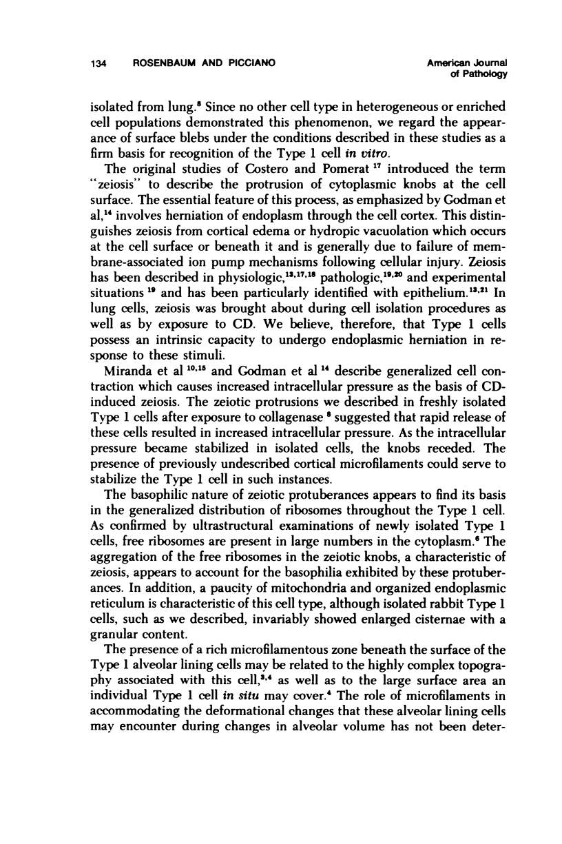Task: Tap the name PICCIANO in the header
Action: pos(249,64)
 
